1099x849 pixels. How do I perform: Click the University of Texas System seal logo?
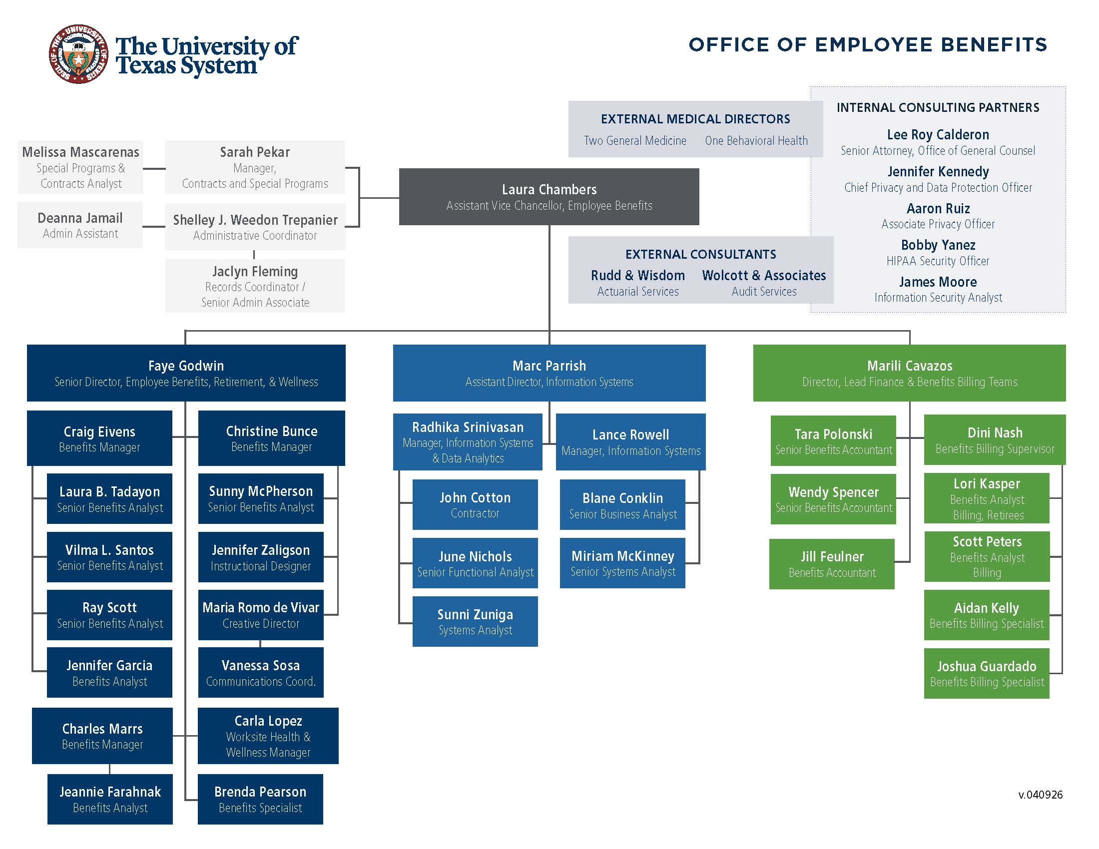point(78,54)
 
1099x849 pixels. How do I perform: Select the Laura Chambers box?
point(549,197)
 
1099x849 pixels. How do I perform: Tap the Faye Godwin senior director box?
point(186,373)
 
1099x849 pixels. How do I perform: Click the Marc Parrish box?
point(549,373)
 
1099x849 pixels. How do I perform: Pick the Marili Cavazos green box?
point(909,373)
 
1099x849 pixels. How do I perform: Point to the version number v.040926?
point(1040,795)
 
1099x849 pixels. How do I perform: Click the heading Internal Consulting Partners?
point(938,108)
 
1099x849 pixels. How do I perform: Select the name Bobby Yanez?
point(938,245)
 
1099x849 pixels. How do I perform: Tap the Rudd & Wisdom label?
point(637,276)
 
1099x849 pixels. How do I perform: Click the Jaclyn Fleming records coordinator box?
point(255,286)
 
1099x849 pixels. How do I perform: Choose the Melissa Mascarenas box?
point(80,167)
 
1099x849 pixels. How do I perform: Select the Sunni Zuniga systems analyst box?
point(475,621)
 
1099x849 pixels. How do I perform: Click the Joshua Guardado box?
point(986,673)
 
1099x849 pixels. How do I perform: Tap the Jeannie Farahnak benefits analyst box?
point(110,799)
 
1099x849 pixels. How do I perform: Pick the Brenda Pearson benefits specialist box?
point(260,799)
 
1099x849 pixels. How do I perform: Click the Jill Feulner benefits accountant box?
point(832,564)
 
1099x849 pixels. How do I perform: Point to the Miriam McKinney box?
point(622,563)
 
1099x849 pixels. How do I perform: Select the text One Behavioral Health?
point(756,141)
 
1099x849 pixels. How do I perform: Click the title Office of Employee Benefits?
point(868,45)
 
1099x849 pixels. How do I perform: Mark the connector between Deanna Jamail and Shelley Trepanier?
point(153,226)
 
